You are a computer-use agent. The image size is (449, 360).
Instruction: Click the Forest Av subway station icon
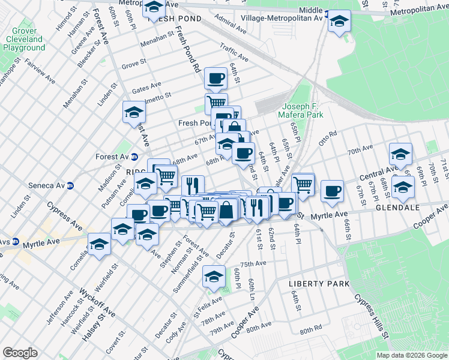(x=134, y=157)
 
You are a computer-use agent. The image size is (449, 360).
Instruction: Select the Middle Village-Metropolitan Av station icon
(x=327, y=19)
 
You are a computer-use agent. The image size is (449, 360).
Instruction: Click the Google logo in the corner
(x=20, y=352)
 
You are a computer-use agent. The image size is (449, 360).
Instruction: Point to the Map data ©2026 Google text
(x=411, y=355)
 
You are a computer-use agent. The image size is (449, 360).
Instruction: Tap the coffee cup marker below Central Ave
(x=332, y=191)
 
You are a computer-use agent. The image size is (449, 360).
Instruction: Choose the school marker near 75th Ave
(x=213, y=276)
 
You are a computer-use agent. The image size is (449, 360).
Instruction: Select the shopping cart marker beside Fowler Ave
(x=303, y=183)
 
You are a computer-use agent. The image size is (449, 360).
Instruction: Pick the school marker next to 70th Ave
(x=400, y=154)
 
